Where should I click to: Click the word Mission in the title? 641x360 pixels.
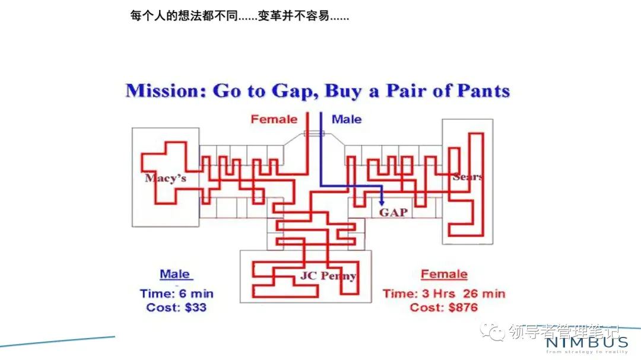166,91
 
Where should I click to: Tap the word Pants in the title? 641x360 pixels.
483,91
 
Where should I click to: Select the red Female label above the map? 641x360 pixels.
274,119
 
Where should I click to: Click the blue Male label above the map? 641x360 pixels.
347,119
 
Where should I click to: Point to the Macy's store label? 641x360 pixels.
166,177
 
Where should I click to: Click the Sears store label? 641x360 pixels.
467,177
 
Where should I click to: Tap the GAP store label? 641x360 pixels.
394,212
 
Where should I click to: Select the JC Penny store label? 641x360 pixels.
328,276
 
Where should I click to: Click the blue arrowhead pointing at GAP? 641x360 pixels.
381,203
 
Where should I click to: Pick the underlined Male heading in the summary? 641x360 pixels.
175,274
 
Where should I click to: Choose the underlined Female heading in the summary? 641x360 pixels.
444,274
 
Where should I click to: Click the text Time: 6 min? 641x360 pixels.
177,294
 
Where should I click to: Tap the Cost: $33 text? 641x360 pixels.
176,307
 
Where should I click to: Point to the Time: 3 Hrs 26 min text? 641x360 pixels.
444,294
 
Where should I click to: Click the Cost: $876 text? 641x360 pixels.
444,307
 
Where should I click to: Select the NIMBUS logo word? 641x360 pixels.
586,342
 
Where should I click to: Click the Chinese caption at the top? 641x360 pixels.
239,16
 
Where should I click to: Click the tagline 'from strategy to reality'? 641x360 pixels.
586,352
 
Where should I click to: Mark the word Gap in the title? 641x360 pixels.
291,91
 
